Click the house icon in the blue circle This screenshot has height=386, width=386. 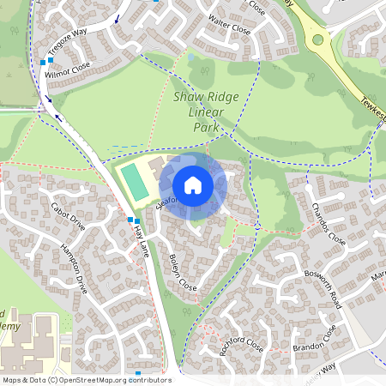tap(193, 185)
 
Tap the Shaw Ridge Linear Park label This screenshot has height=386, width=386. tap(204, 112)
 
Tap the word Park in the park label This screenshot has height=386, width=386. tap(205, 127)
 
